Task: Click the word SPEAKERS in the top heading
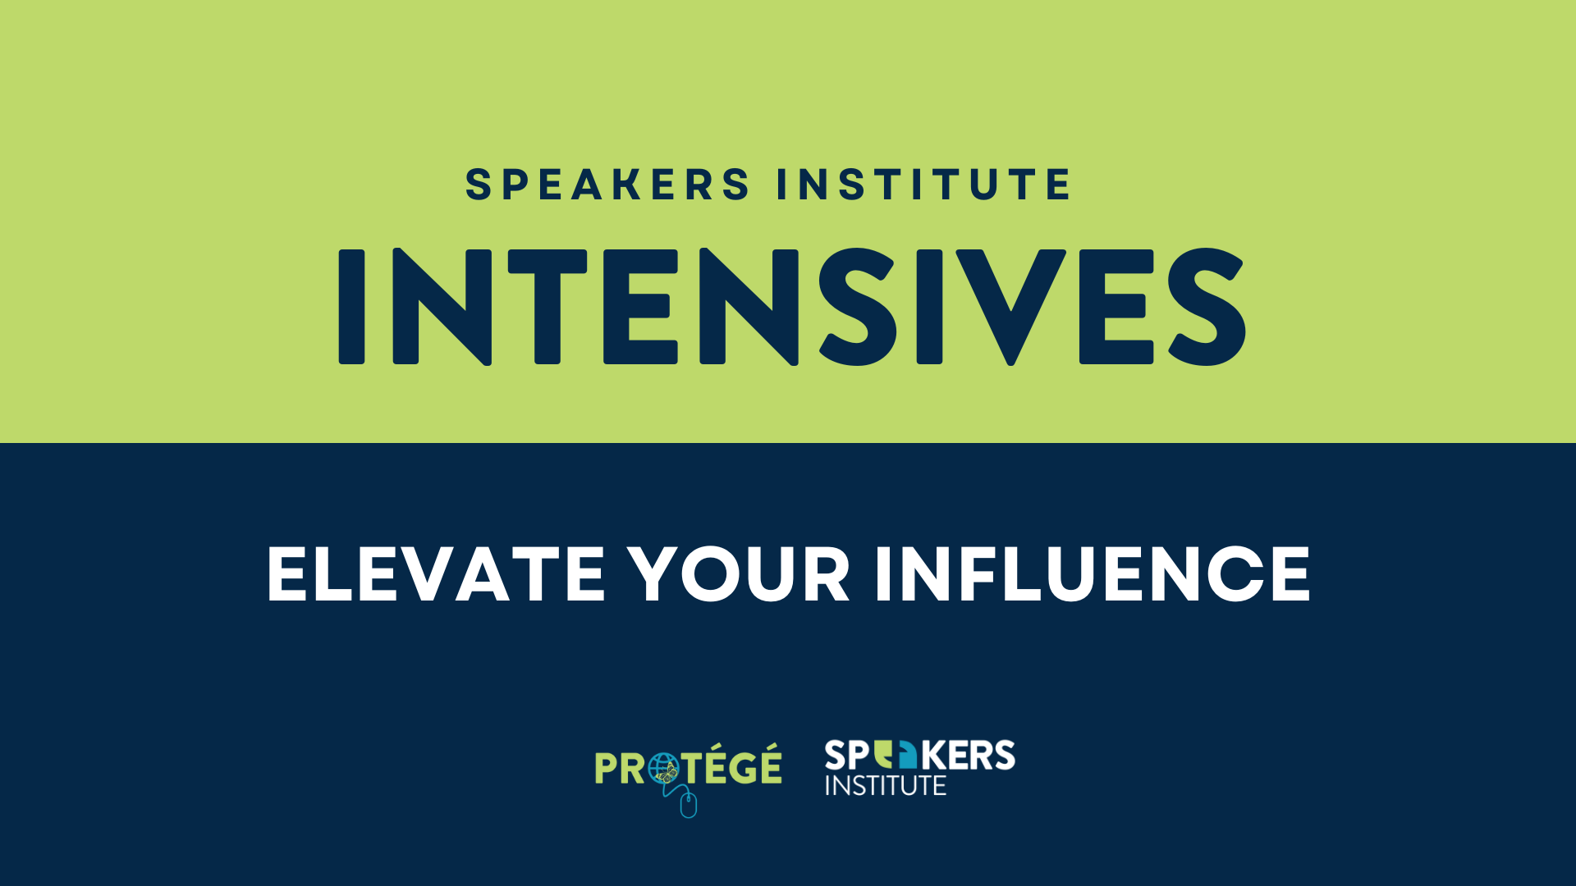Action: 607,184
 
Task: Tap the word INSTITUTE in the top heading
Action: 923,184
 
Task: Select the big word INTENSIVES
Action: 792,307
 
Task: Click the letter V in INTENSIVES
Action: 1011,307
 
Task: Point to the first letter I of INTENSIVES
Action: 351,307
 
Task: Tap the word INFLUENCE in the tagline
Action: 1093,574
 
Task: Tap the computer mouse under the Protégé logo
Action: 689,805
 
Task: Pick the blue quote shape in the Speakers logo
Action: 907,755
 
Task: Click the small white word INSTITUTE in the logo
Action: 886,786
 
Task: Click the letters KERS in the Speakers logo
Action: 968,756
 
